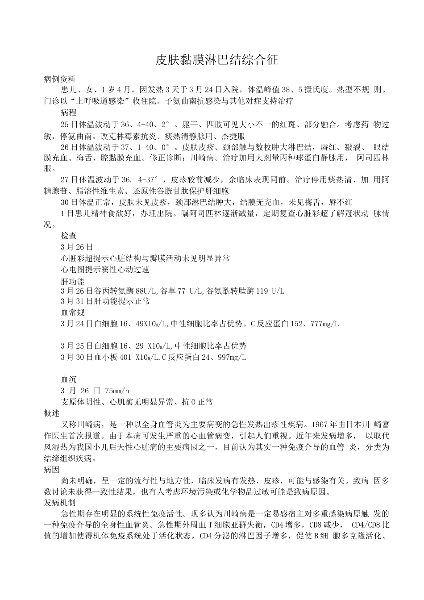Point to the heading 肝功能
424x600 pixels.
(72, 282)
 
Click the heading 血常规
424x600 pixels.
(72, 312)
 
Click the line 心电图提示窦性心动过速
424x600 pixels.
(105, 270)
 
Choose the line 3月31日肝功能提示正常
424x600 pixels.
(105, 301)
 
